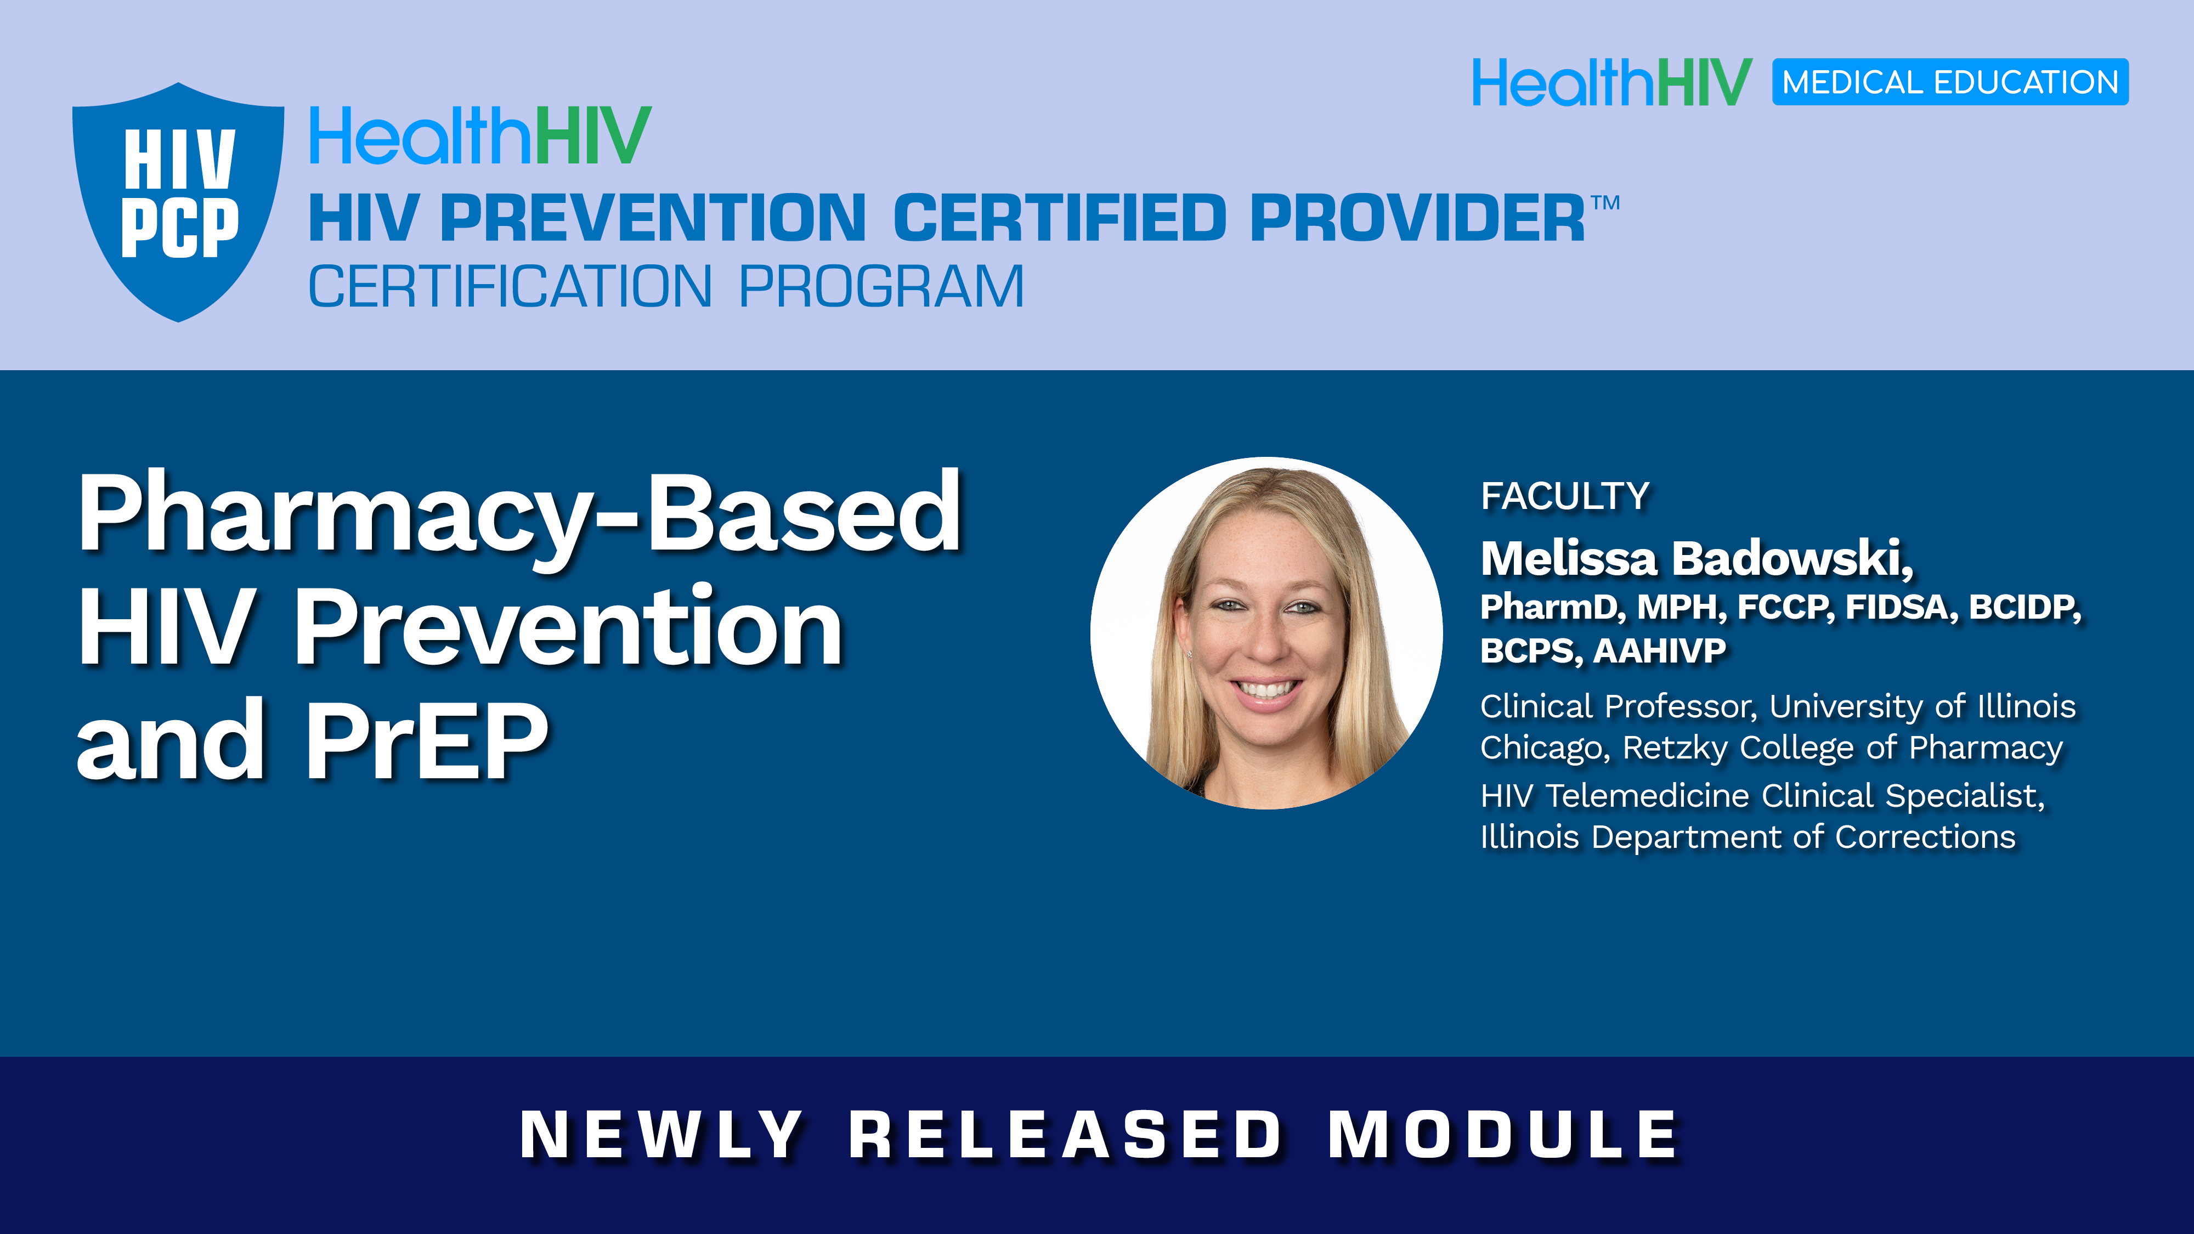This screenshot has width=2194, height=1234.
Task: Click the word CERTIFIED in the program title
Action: click(1060, 218)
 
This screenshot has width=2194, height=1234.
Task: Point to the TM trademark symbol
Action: click(1605, 203)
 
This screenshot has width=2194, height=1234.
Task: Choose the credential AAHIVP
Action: click(1659, 650)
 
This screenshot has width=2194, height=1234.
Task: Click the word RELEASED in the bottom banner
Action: click(1066, 1135)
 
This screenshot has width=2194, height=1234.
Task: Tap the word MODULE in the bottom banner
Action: click(1502, 1135)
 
